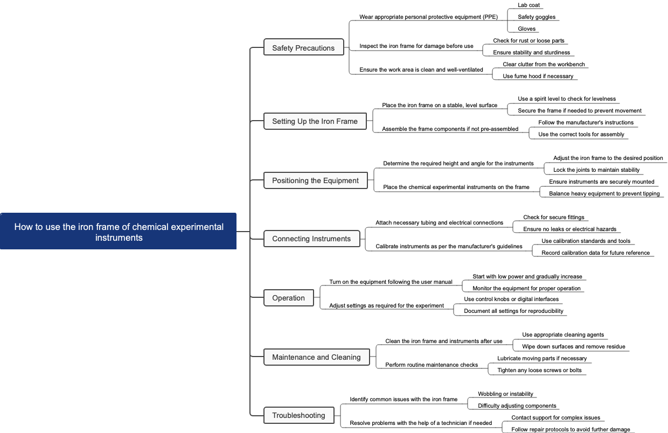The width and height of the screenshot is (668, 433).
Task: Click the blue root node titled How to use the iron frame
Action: click(x=119, y=232)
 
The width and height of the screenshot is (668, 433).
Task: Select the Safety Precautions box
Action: click(x=303, y=48)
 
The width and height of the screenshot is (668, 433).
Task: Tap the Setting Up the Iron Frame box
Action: click(x=315, y=121)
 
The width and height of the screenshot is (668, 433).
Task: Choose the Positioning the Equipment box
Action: click(x=315, y=180)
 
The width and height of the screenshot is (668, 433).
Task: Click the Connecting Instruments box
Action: click(x=311, y=239)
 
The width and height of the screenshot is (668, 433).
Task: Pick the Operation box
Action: click(x=288, y=298)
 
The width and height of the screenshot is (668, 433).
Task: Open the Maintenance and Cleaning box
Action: click(x=316, y=357)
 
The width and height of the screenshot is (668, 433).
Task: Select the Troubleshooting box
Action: click(x=298, y=415)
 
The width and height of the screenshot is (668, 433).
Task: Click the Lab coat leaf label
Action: click(x=528, y=5)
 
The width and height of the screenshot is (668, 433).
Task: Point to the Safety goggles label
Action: click(x=537, y=17)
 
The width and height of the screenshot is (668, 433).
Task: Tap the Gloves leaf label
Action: click(x=526, y=29)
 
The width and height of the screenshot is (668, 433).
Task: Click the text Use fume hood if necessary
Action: click(x=538, y=76)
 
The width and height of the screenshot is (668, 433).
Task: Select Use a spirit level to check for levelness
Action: click(x=567, y=99)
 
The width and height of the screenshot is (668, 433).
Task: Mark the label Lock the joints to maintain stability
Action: click(x=596, y=170)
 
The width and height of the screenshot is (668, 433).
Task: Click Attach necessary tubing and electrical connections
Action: click(x=439, y=222)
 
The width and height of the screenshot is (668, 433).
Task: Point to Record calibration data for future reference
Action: click(x=595, y=253)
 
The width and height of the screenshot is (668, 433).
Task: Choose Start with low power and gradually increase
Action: click(x=527, y=276)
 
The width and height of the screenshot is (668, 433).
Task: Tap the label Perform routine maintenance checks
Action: click(x=432, y=365)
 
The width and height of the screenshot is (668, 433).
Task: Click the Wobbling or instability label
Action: click(x=505, y=394)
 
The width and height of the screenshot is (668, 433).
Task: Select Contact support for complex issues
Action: click(x=555, y=417)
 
